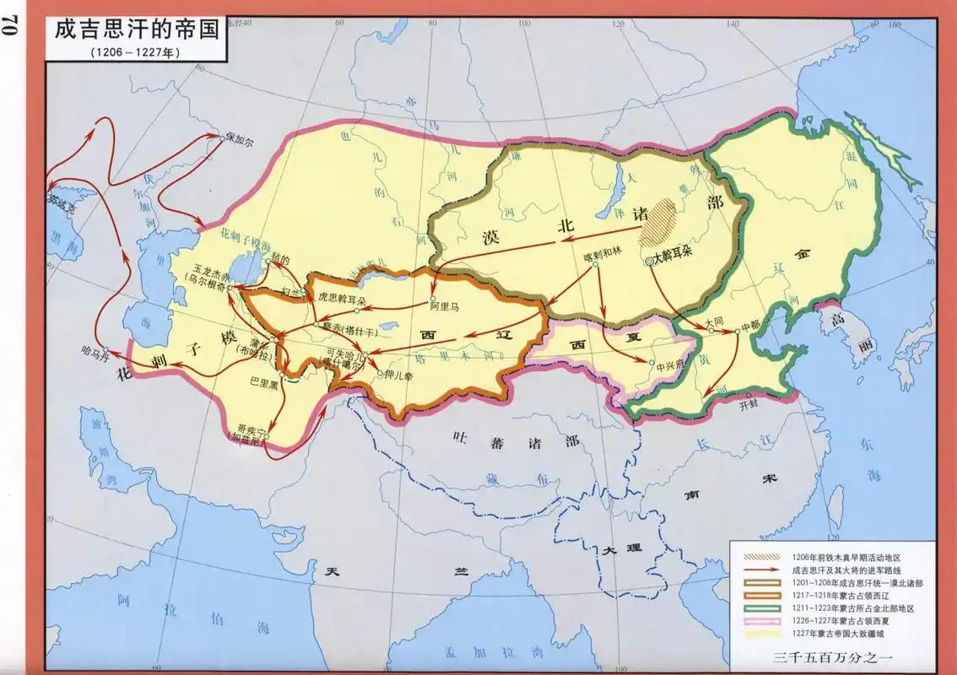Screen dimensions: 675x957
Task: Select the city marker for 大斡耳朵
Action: [649, 262]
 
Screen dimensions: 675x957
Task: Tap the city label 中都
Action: [749, 322]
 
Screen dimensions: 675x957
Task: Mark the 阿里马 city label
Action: [444, 307]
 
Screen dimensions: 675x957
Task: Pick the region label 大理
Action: [621, 549]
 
